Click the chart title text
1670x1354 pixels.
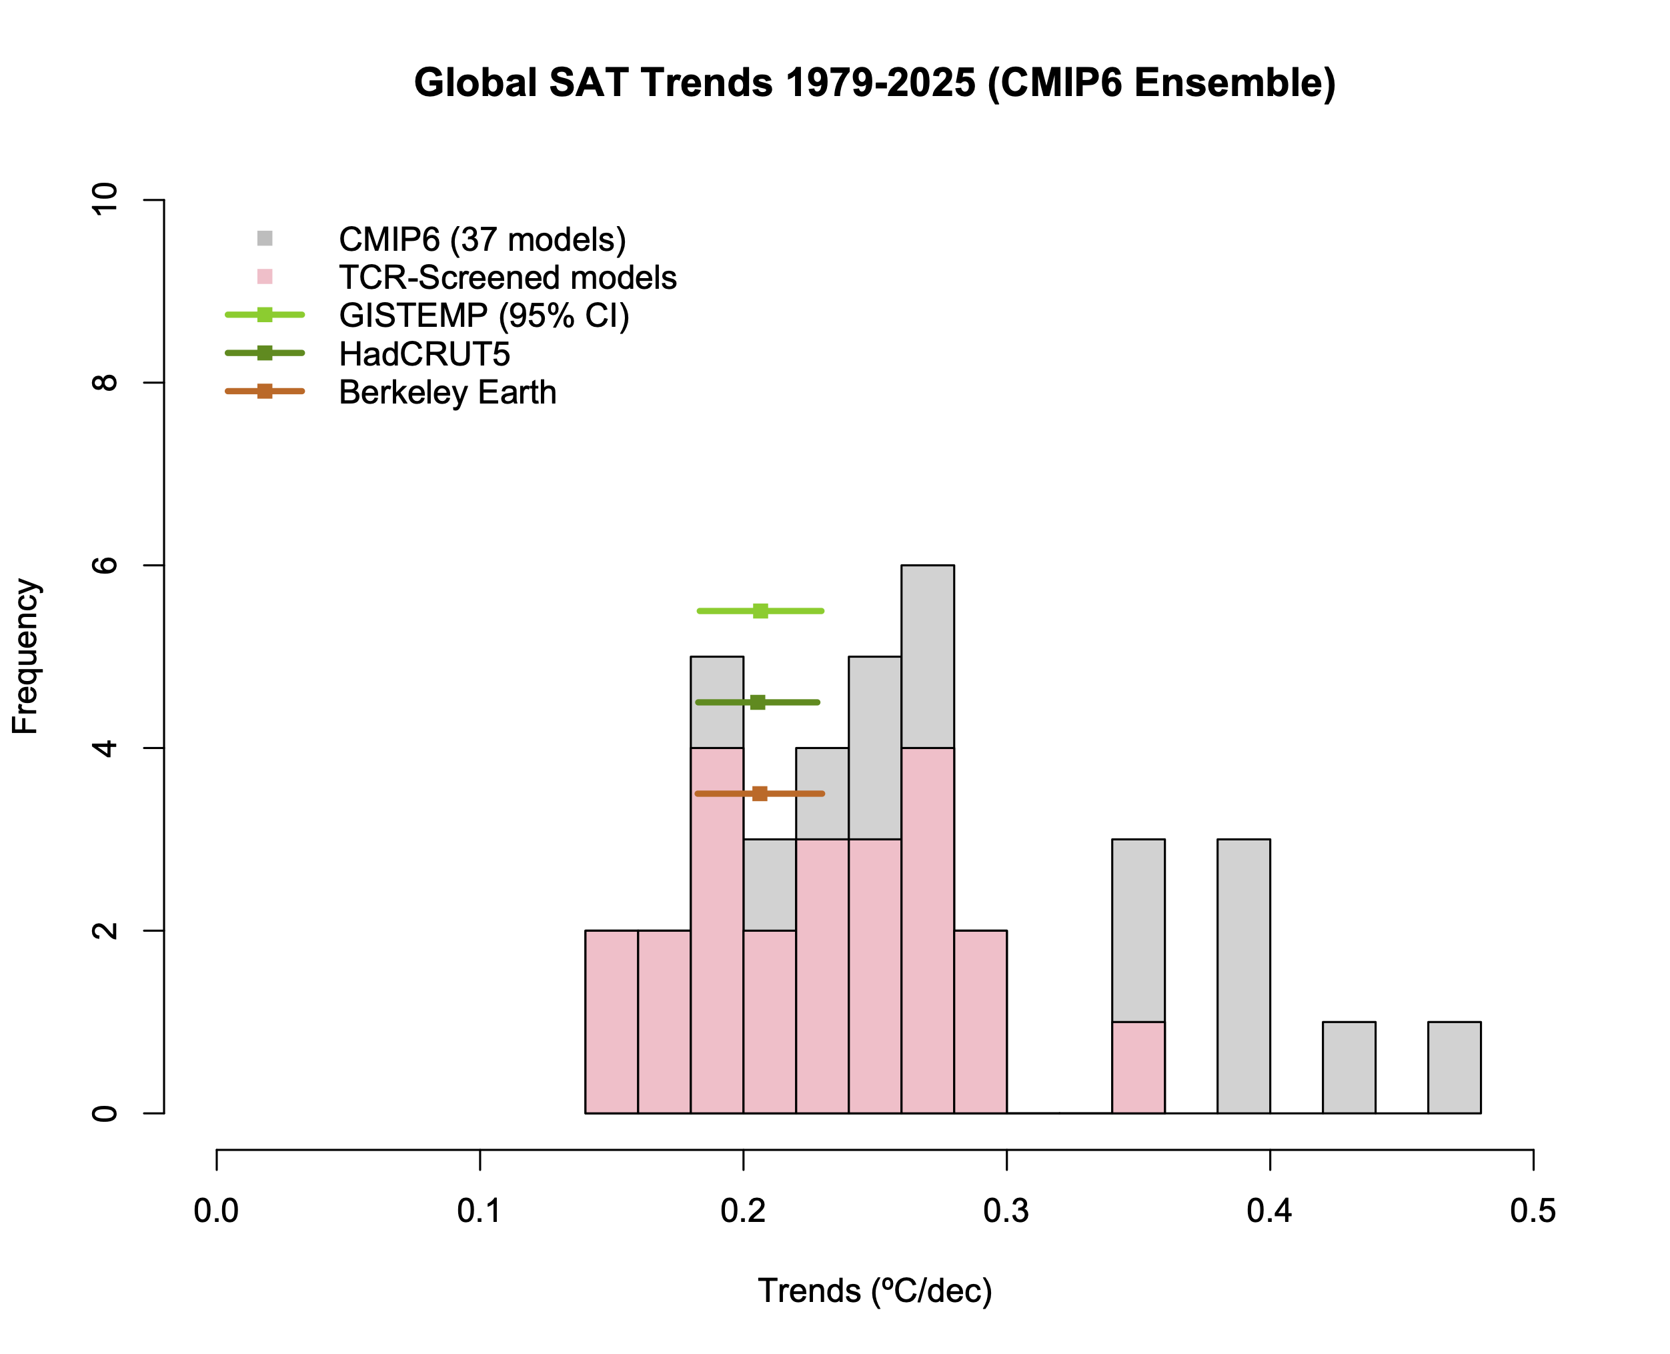pyautogui.click(x=874, y=83)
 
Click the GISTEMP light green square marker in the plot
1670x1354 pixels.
pyautogui.click(x=760, y=611)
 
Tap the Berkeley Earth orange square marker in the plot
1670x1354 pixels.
pyautogui.click(x=760, y=793)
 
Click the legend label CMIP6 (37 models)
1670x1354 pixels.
pyautogui.click(x=482, y=239)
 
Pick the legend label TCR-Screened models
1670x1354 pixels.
pyautogui.click(x=507, y=277)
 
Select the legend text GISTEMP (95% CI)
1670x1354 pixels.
pyautogui.click(x=484, y=316)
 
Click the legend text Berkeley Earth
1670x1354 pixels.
pyautogui.click(x=447, y=392)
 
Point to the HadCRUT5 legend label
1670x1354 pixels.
pyautogui.click(x=424, y=354)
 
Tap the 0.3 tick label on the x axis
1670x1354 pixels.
pyautogui.click(x=1006, y=1211)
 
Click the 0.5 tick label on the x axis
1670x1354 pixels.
pyautogui.click(x=1533, y=1211)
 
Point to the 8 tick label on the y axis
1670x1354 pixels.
pyautogui.click(x=105, y=382)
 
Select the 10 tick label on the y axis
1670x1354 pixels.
pyautogui.click(x=105, y=199)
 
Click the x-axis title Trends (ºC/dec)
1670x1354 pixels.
pyautogui.click(x=874, y=1291)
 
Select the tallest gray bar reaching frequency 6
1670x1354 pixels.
pyautogui.click(x=928, y=655)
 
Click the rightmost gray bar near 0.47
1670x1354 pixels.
pyautogui.click(x=1454, y=1067)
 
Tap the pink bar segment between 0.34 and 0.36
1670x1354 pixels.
pyautogui.click(x=1138, y=1067)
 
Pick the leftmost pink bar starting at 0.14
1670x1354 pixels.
pyautogui.click(x=611, y=1022)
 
